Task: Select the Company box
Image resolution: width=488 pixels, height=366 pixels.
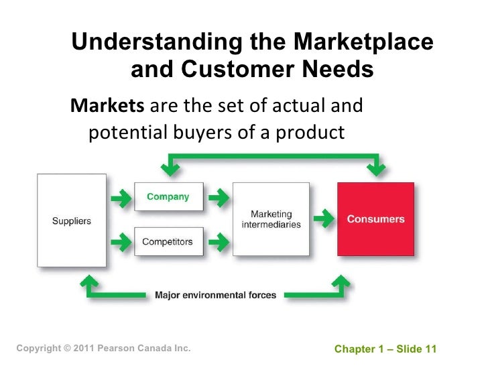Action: tap(168, 197)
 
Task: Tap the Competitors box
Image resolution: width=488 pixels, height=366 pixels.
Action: tap(168, 241)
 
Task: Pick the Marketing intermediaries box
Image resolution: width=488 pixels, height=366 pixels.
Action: tap(271, 219)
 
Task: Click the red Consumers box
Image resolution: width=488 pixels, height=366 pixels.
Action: tap(375, 219)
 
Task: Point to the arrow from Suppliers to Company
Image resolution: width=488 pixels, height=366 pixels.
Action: tap(121, 198)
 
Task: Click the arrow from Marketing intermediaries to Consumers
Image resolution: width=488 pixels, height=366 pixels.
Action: tap(324, 219)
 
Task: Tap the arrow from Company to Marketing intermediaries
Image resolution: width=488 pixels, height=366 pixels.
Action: tap(217, 198)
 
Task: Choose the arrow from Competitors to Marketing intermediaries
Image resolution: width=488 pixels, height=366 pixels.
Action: tap(217, 241)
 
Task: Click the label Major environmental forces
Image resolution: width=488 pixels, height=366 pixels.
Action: tap(215, 295)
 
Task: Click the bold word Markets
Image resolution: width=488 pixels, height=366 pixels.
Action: tap(107, 107)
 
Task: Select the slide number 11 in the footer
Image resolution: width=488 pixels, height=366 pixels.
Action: tap(430, 349)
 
